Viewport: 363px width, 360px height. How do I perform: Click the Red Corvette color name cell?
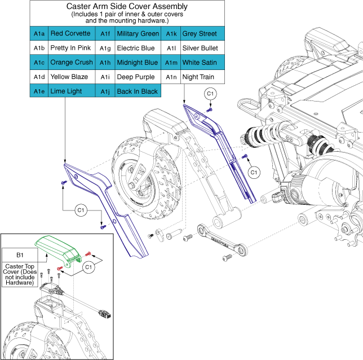[x=70, y=33]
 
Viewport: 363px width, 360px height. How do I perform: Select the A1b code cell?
[x=39, y=48]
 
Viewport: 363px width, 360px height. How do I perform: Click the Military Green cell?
[x=138, y=33]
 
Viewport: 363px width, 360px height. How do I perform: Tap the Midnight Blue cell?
[x=137, y=62]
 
